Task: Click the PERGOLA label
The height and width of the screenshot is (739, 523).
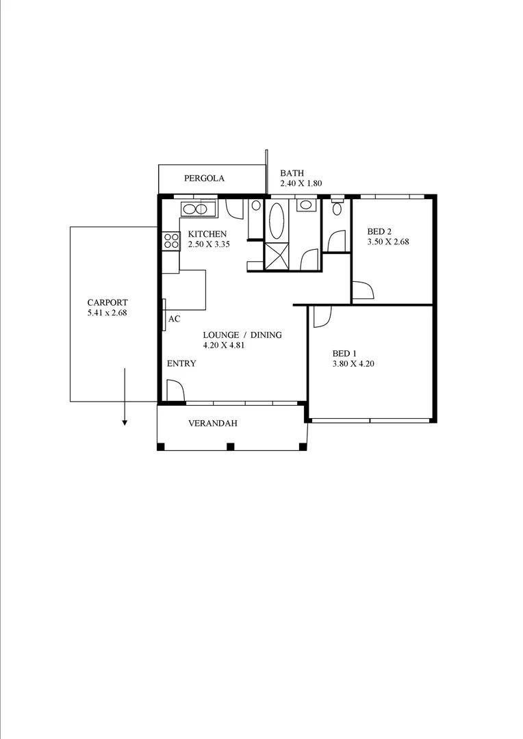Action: pos(204,179)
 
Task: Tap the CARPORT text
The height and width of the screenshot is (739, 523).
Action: pos(107,302)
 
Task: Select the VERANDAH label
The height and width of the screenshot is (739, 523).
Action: pos(212,424)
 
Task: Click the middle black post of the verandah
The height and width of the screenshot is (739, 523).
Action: pos(231,447)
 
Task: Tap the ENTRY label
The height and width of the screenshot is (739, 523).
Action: pos(181,363)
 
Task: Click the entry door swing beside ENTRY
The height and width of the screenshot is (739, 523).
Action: pos(175,391)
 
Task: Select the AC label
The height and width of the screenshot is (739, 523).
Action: pos(174,319)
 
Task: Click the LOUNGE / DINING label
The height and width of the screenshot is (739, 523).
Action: pos(242,335)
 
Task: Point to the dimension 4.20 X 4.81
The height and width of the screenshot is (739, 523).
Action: pos(224,346)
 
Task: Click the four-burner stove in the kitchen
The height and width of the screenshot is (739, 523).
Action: pos(171,241)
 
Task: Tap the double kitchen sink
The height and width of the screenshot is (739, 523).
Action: pos(198,209)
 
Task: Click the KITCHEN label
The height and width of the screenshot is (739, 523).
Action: pos(207,234)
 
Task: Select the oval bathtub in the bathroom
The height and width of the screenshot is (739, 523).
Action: pos(277,219)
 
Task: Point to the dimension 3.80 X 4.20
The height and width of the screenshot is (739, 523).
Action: pos(353,364)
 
